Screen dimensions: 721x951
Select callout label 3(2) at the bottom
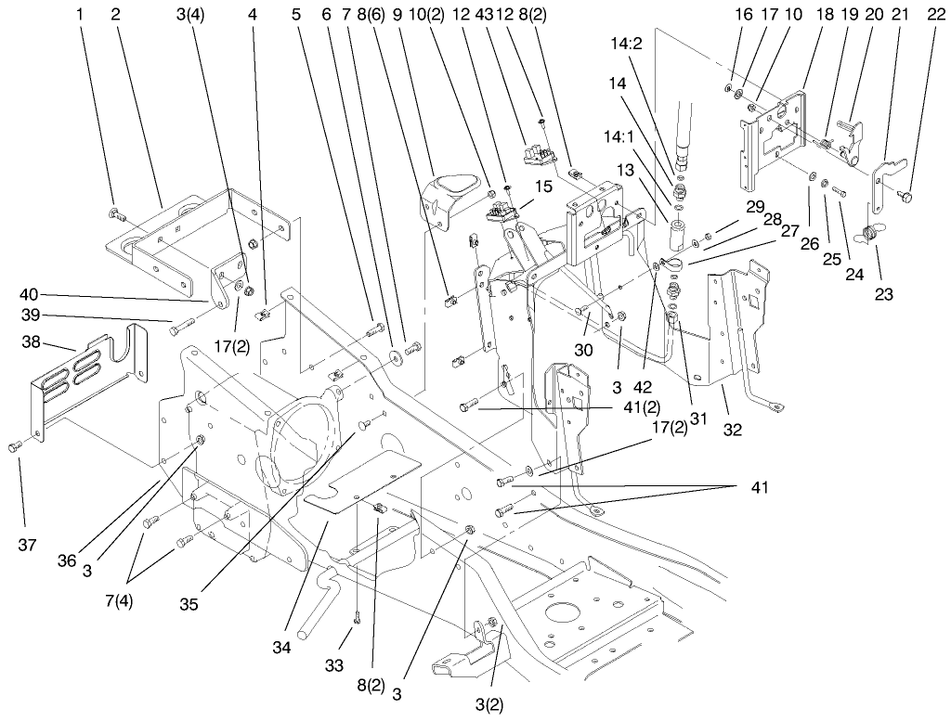489,704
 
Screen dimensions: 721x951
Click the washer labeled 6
395,354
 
